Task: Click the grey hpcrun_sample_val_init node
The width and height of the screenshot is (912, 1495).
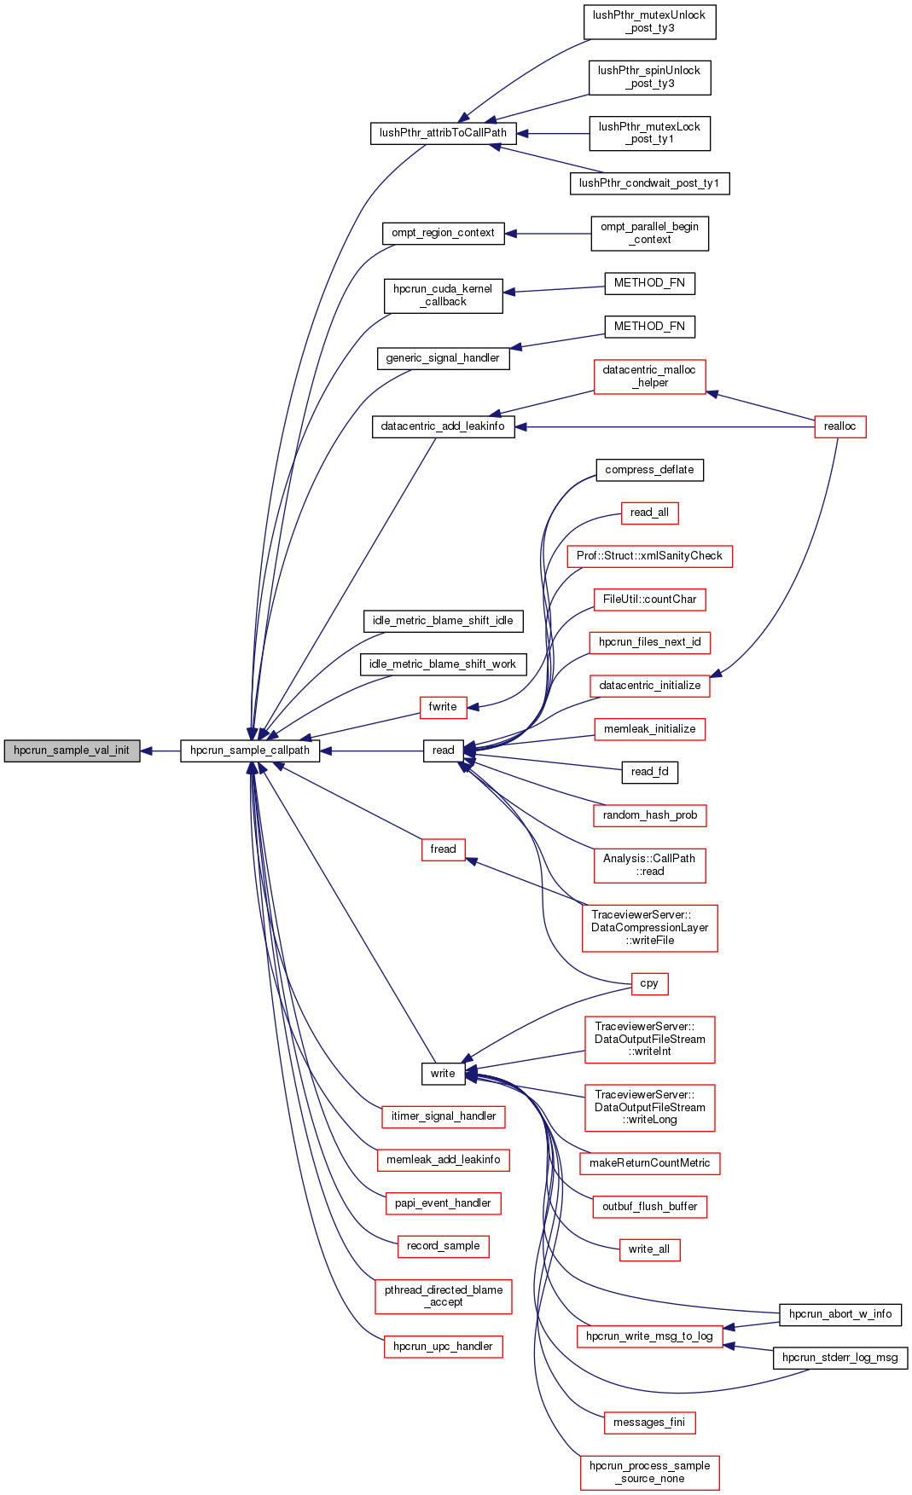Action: (72, 750)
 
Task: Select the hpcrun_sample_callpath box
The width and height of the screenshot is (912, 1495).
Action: (250, 750)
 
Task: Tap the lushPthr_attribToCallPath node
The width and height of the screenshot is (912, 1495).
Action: (443, 133)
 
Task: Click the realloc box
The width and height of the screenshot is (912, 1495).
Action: (839, 426)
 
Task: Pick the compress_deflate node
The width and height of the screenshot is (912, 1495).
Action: (649, 470)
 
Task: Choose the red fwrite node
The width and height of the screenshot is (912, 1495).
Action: (443, 707)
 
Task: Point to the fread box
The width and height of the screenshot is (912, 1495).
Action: (443, 849)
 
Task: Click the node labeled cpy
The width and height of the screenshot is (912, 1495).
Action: (649, 984)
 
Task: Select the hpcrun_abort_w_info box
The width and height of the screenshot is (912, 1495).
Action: (839, 1314)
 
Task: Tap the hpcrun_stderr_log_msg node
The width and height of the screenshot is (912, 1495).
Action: (839, 1358)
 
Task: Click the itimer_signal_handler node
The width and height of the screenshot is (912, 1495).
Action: (443, 1116)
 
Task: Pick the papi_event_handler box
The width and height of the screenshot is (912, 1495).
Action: (443, 1203)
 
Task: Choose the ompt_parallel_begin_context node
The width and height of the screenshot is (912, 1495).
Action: (649, 233)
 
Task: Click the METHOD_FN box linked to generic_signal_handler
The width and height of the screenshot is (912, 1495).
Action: (649, 327)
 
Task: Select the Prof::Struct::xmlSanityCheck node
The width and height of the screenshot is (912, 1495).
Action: (649, 556)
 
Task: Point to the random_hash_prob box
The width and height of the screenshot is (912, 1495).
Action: (649, 815)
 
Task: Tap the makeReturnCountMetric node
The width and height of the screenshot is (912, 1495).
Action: (649, 1163)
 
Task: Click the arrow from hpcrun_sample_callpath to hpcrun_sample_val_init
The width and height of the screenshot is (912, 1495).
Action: (160, 751)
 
